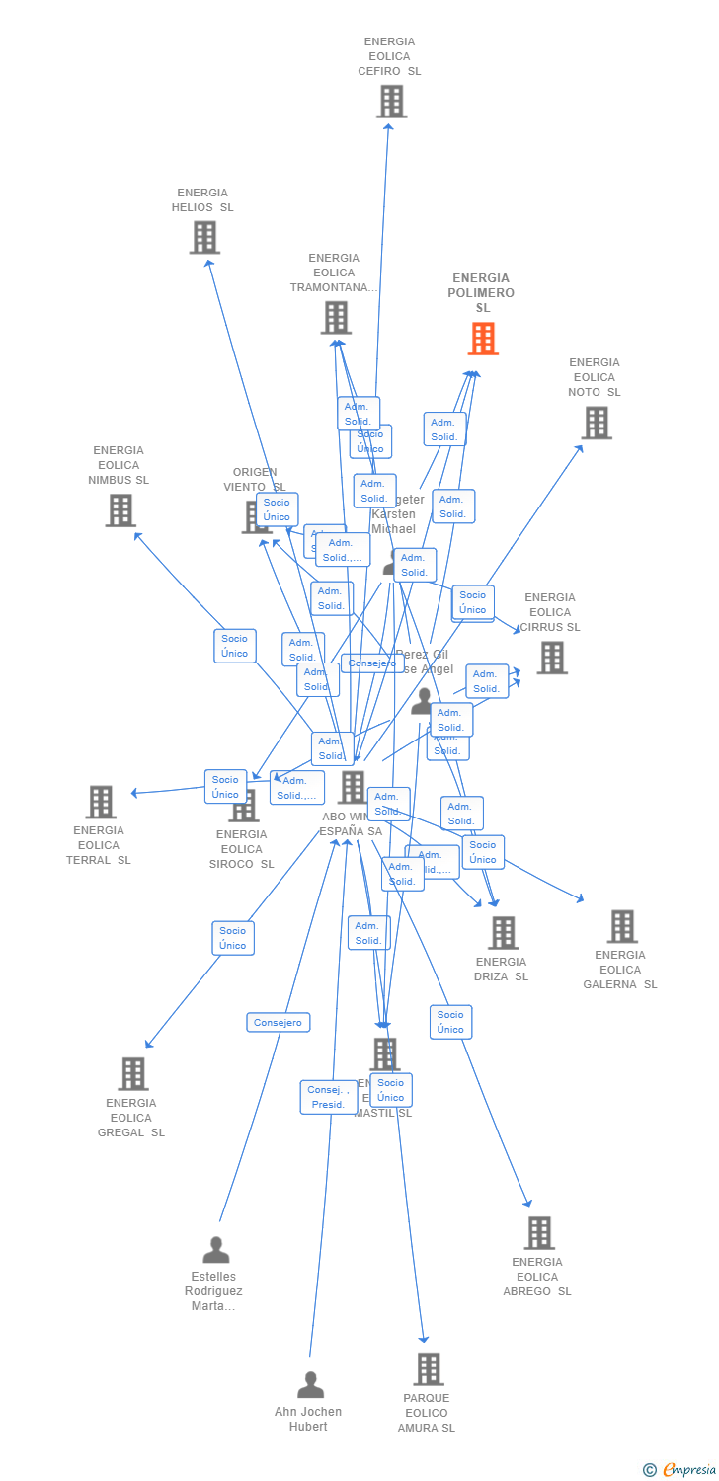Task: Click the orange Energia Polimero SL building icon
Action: click(482, 339)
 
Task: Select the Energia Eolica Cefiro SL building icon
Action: click(391, 101)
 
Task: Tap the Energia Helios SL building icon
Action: click(204, 237)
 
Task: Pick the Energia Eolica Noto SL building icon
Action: click(596, 423)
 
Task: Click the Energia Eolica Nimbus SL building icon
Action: click(120, 510)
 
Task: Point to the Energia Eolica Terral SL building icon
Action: click(101, 802)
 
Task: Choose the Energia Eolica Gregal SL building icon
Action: click(133, 1073)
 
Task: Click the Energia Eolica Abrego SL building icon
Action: click(539, 1232)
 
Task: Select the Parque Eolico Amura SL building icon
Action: click(429, 1368)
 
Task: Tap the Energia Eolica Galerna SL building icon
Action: click(622, 926)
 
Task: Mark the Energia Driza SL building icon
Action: click(504, 932)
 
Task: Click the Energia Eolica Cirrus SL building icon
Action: click(552, 658)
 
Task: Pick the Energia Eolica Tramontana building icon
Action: click(336, 318)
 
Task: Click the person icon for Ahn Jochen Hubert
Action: click(311, 1385)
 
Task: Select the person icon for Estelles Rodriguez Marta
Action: click(215, 1250)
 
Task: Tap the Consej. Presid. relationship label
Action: click(328, 1097)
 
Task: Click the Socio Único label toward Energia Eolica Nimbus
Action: click(235, 646)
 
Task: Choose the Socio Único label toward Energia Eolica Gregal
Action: click(233, 938)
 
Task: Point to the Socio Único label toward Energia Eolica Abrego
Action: click(450, 1022)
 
